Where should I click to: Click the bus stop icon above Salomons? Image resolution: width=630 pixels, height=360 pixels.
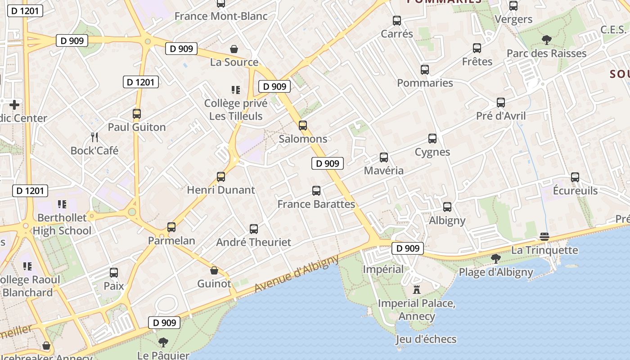tap(303, 126)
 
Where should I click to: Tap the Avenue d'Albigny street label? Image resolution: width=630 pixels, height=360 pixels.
tap(297, 274)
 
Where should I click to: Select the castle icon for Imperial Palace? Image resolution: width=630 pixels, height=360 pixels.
tap(416, 289)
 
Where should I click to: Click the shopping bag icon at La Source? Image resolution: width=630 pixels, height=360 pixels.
tap(234, 49)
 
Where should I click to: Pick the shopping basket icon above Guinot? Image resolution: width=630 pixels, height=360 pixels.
tap(214, 270)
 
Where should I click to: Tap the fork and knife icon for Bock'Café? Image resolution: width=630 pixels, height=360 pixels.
tap(94, 137)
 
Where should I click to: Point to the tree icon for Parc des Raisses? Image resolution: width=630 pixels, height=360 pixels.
tap(546, 40)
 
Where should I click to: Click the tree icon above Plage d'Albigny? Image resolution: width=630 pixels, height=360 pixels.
tap(495, 259)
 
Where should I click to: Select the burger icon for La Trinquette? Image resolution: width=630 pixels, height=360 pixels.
tap(544, 237)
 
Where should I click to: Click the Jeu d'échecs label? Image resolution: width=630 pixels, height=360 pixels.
tap(426, 339)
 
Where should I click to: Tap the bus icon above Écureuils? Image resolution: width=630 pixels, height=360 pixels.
tap(575, 177)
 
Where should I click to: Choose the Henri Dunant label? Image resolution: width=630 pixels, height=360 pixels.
tap(221, 190)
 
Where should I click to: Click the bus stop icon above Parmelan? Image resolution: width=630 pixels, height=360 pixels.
tap(171, 227)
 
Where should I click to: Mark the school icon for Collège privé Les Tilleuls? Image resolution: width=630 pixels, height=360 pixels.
tap(235, 90)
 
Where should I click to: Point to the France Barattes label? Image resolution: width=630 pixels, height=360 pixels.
tap(316, 204)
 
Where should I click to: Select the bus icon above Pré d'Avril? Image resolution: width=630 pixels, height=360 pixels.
tap(501, 103)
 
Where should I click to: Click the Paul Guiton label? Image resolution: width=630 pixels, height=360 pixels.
tap(137, 127)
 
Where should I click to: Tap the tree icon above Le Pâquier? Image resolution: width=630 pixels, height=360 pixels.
tap(163, 342)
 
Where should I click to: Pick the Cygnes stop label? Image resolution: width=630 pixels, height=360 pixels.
tap(432, 152)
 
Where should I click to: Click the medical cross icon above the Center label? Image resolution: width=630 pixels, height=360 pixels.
tap(14, 105)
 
